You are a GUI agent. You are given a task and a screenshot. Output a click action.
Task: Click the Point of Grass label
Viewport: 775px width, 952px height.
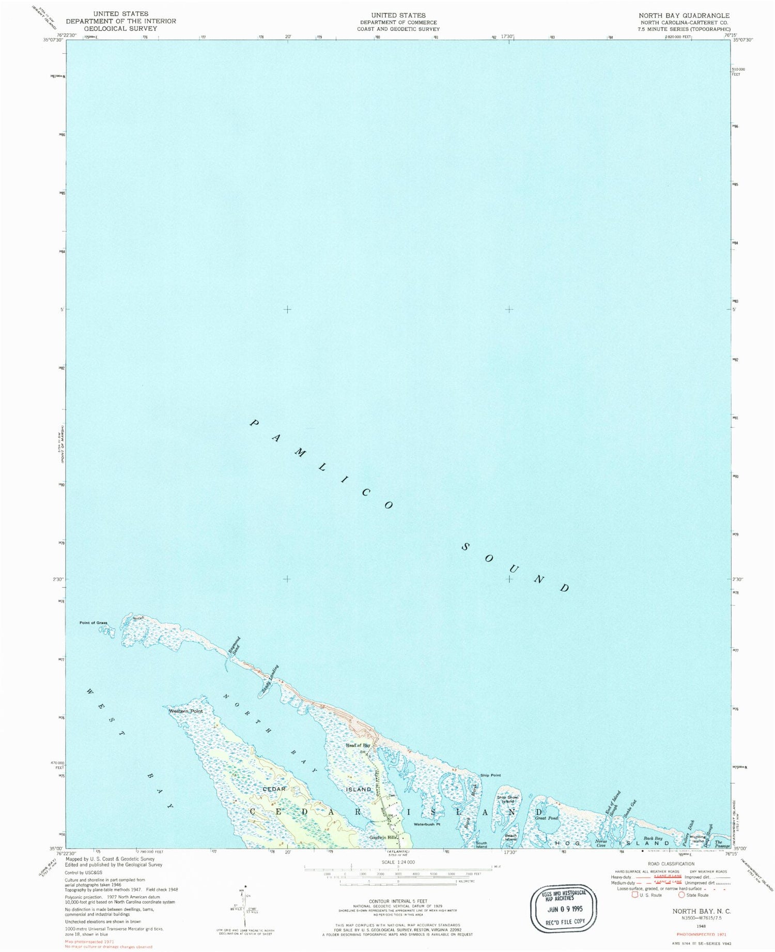[x=93, y=623]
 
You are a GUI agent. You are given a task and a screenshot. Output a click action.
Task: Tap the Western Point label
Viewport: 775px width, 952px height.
[x=185, y=711]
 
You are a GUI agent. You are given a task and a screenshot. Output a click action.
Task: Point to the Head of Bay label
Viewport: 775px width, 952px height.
[x=358, y=745]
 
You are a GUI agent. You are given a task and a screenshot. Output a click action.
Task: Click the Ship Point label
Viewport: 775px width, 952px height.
[x=490, y=775]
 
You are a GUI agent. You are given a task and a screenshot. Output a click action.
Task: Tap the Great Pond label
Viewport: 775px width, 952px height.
[x=546, y=818]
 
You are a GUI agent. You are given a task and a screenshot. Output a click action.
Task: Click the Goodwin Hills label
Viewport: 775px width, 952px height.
[x=383, y=837]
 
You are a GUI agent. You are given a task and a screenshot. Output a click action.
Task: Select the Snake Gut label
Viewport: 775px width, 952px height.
[x=629, y=808]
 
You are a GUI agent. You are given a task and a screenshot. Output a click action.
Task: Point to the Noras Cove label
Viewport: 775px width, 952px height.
[x=600, y=843]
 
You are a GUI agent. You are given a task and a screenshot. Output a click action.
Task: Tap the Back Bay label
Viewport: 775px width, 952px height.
[x=653, y=838]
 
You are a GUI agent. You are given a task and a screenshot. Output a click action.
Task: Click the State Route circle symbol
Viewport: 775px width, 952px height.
[x=681, y=895]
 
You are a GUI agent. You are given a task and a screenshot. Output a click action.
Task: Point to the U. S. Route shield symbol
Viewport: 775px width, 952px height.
[x=634, y=895]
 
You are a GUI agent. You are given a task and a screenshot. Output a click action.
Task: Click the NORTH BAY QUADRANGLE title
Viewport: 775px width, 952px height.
[x=684, y=16]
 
